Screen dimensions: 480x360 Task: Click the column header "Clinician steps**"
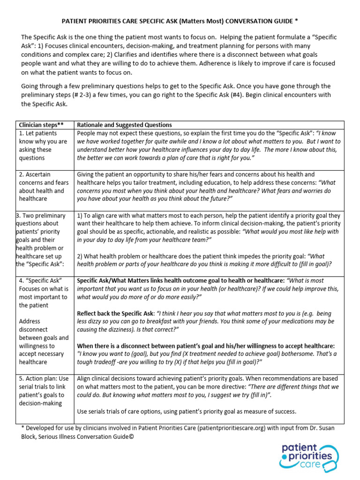(x=41, y=125)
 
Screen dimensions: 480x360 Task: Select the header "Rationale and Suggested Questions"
(x=124, y=125)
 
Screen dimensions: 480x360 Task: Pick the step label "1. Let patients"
(x=38, y=133)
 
